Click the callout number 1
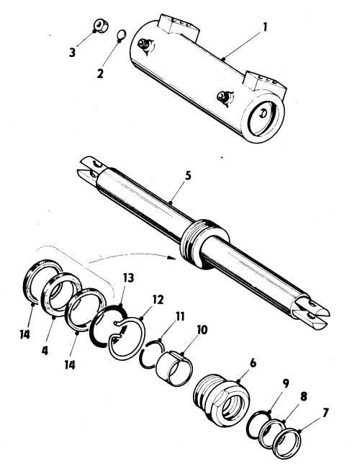265,27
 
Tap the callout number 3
72,53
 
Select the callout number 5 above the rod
188,175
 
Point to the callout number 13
128,278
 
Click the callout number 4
45,350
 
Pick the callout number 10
202,330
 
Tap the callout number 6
253,363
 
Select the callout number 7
325,413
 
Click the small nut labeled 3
101,26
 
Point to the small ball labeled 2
122,35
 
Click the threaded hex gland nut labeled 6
222,400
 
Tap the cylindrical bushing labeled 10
174,368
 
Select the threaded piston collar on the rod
204,244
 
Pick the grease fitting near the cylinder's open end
225,97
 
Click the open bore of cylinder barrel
262,118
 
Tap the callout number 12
158,300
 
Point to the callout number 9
285,383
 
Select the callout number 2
100,73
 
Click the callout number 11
180,316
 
